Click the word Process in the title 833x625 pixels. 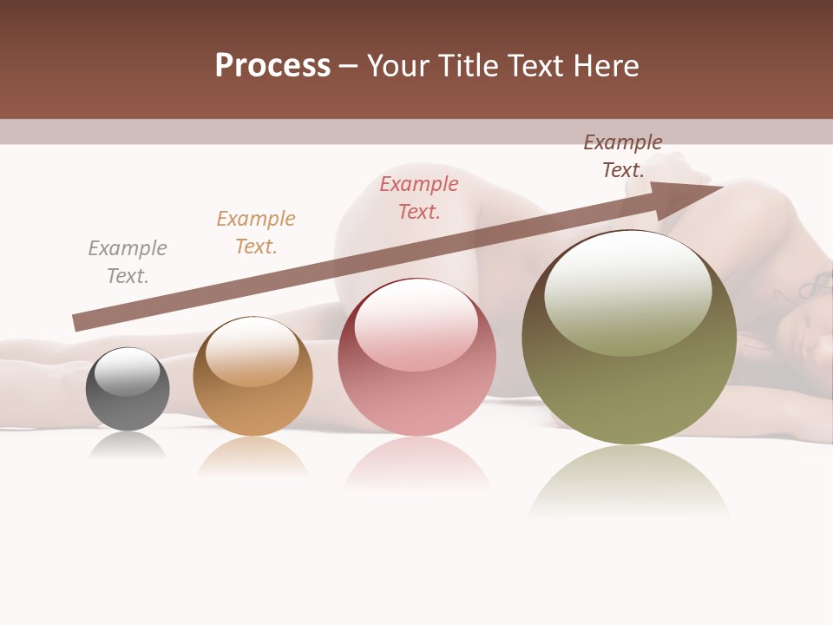click(x=272, y=66)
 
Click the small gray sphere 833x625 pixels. click(x=128, y=389)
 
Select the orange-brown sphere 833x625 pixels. click(x=253, y=377)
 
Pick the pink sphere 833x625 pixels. click(x=416, y=358)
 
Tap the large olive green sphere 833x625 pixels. click(x=629, y=338)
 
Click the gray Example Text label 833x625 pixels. click(x=128, y=262)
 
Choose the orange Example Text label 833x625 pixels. click(x=256, y=233)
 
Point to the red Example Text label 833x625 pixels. click(x=419, y=198)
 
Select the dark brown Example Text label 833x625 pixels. click(x=623, y=156)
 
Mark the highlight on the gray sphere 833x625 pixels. click(x=127, y=371)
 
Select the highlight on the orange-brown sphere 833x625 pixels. click(x=252, y=349)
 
